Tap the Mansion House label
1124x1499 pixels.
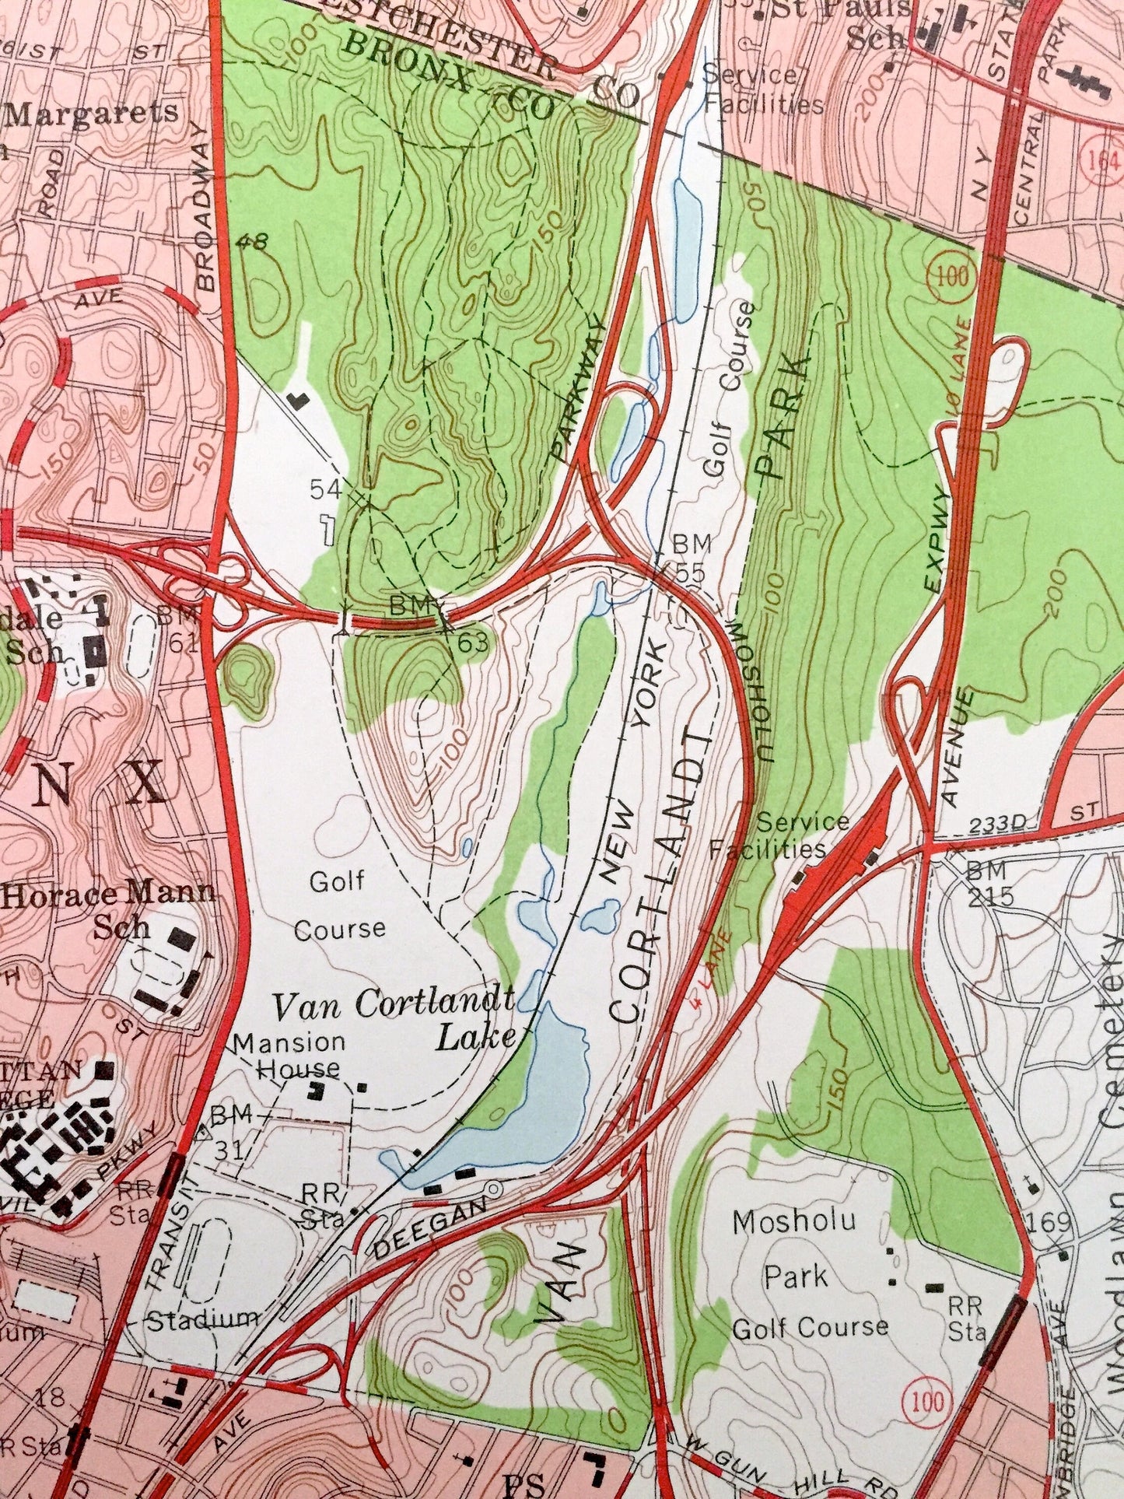[289, 1054]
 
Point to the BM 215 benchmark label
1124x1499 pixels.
[991, 883]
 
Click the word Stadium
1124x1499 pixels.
[204, 1317]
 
